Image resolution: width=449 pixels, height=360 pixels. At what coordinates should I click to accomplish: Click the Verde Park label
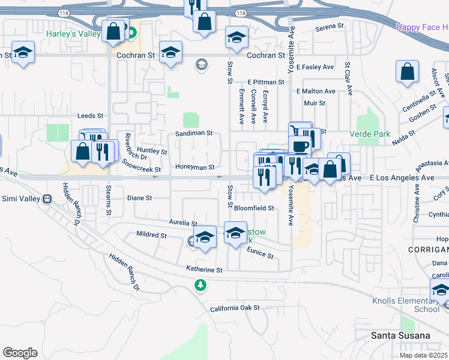tap(373, 134)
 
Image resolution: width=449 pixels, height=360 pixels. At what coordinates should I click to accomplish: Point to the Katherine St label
tap(204, 270)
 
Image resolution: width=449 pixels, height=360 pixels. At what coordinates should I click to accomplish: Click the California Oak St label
tap(234, 308)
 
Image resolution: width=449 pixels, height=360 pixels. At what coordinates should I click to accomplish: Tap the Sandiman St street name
tap(194, 133)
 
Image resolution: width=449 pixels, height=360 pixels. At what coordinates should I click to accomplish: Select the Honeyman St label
tap(194, 167)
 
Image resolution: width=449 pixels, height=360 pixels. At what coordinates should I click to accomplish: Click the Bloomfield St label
tap(253, 208)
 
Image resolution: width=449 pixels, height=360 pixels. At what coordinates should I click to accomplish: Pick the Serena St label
tap(329, 26)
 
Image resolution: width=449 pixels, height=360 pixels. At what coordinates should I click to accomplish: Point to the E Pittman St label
tap(265, 82)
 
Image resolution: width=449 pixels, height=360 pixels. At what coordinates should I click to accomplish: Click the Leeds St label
tap(91, 115)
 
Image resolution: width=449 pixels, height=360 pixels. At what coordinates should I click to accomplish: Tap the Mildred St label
tap(151, 235)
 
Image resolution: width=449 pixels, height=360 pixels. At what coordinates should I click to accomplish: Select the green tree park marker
tap(200, 285)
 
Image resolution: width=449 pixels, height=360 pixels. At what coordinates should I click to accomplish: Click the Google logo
tap(20, 352)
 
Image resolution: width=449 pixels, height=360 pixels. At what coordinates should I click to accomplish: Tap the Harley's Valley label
tap(74, 34)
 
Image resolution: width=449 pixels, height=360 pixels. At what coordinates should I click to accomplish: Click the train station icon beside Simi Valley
tap(46, 199)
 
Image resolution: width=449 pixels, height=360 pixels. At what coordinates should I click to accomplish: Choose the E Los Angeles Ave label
tap(402, 178)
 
